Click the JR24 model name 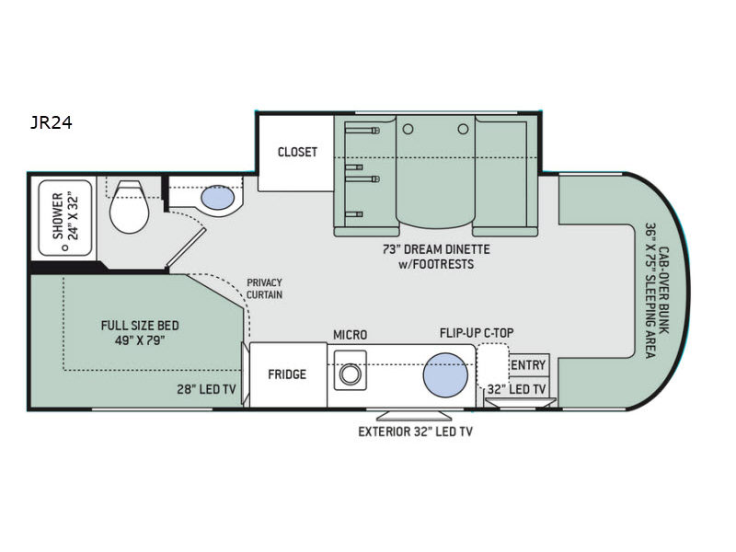[52, 123]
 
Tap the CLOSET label [297, 152]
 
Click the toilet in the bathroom [129, 207]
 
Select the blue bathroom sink [217, 197]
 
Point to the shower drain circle [65, 247]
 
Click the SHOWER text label [58, 216]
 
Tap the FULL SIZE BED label [140, 326]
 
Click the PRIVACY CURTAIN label [264, 289]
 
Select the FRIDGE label [287, 374]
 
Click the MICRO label [351, 335]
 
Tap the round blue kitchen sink [445, 375]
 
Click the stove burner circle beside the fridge [350, 375]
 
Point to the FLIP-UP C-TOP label [477, 333]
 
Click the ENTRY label [528, 364]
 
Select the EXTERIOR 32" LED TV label [416, 431]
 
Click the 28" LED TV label [206, 389]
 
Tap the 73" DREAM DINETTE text [436, 249]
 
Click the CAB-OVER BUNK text [664, 290]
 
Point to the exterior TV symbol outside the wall [414, 416]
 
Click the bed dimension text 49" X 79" [140, 340]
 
